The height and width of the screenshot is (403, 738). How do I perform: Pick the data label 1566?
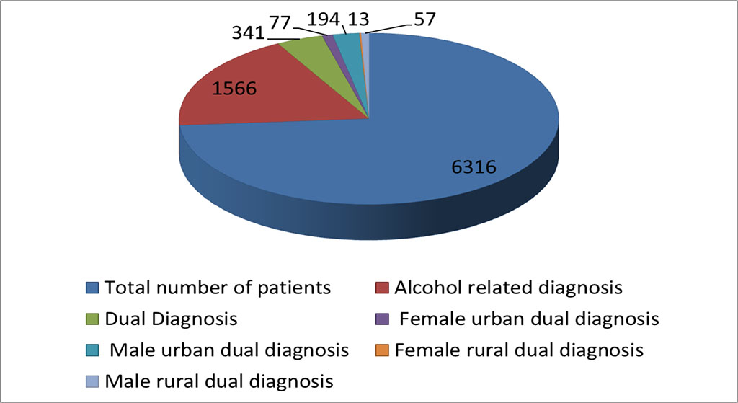pos(235,89)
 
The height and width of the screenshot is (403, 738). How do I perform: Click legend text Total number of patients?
pos(218,288)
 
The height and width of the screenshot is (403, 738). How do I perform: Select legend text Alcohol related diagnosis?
pos(508,288)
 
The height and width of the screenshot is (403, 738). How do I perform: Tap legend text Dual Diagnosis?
pos(171,318)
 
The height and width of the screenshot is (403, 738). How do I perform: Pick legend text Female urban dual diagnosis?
pos(528,318)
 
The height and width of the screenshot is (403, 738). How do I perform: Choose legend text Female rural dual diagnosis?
pos(519,350)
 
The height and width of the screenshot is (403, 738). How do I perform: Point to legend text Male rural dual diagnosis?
pos(219,381)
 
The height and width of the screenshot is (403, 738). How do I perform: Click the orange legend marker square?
pos(383,351)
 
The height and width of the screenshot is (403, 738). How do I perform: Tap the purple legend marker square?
pos(383,319)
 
